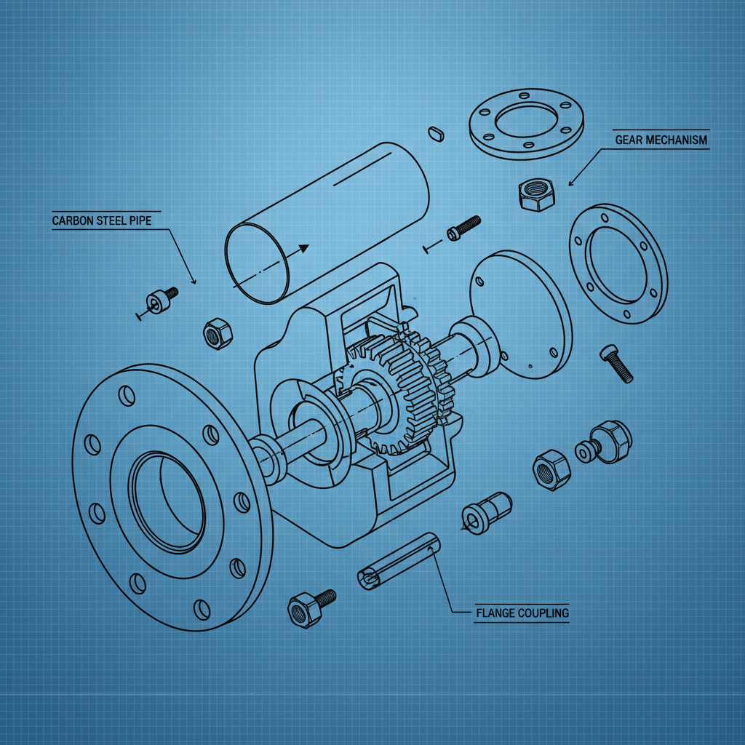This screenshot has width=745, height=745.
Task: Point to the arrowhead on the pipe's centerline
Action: pyautogui.click(x=303, y=249)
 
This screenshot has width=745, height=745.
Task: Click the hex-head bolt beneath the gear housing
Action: pyautogui.click(x=310, y=607)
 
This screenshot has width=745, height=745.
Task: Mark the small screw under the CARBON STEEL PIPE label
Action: pyautogui.click(x=161, y=300)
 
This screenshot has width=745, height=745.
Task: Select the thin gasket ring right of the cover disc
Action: pyautogui.click(x=618, y=263)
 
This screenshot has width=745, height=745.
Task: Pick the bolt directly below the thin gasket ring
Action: pyautogui.click(x=616, y=363)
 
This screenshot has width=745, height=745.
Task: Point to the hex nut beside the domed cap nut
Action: pyautogui.click(x=551, y=470)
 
